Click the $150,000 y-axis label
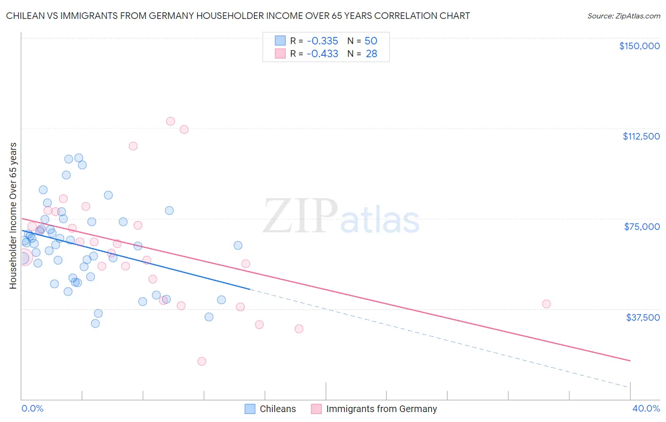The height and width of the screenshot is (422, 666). tap(639, 46)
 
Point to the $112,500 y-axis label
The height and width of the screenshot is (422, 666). tap(641, 136)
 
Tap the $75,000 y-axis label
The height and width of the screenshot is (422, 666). tap(642, 227)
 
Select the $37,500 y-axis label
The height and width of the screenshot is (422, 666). tap(643, 317)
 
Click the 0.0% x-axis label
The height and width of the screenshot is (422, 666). tap(32, 408)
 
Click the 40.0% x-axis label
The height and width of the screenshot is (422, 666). tap(646, 408)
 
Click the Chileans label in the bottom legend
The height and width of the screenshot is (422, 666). tap(278, 409)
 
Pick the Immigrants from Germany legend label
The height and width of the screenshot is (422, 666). tap(381, 409)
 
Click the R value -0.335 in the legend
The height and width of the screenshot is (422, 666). tap(322, 41)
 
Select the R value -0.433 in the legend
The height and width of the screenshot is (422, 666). tap(322, 54)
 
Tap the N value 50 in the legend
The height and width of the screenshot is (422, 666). tap(371, 41)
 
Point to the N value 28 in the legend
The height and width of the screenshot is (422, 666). tap(371, 54)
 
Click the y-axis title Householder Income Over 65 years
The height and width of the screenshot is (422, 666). tap(13, 216)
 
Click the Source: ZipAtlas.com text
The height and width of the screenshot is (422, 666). tap(623, 16)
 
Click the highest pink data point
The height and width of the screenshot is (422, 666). tap(171, 121)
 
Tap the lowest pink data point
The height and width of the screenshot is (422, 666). tap(202, 361)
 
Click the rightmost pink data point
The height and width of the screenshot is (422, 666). tap(546, 304)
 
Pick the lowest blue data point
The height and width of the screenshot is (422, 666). tap(95, 324)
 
